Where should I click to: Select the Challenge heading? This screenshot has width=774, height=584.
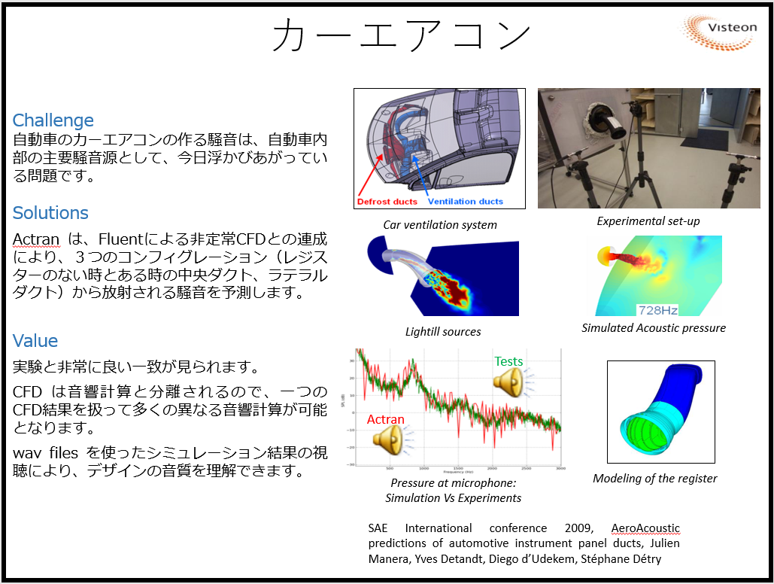tap(53, 120)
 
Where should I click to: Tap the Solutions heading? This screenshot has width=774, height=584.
tap(50, 213)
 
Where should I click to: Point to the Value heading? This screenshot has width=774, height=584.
tap(35, 341)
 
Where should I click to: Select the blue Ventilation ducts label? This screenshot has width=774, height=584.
tap(465, 202)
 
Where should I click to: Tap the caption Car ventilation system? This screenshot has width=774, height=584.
tap(440, 225)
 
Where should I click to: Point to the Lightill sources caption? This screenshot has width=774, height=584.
tap(443, 331)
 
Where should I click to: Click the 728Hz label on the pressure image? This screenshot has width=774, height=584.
tap(657, 309)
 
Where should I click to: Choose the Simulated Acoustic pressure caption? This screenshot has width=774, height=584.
tap(654, 327)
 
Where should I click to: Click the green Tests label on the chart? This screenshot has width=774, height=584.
tap(508, 362)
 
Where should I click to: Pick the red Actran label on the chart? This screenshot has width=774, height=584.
tap(385, 420)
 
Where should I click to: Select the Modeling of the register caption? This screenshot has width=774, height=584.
tap(654, 479)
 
